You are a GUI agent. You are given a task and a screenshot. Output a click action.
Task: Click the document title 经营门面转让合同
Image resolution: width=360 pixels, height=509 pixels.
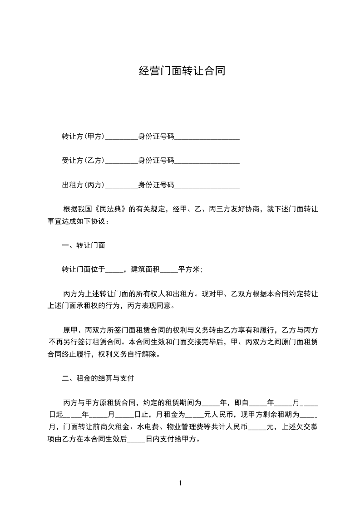[182, 71]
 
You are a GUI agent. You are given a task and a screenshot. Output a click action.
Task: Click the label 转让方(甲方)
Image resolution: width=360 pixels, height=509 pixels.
[84, 137]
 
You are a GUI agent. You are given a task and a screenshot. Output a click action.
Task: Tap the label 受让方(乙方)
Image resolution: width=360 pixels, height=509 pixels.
[84, 161]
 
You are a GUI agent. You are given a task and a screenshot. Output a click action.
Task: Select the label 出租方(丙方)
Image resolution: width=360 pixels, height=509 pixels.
[84, 185]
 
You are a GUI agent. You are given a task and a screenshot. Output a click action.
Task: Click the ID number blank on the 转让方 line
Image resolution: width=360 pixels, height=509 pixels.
[207, 137]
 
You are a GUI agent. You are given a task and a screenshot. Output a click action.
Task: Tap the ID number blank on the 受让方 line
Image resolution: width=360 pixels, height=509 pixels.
[207, 161]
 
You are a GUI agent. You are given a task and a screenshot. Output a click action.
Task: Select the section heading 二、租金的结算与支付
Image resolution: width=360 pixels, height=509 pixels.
[98, 378]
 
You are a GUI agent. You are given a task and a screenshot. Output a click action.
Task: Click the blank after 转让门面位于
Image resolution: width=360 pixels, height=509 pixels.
[114, 270]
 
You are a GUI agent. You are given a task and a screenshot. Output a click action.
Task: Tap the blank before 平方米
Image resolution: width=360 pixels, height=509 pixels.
[169, 270]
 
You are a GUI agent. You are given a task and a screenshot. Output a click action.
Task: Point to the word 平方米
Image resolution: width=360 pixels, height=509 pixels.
[189, 269]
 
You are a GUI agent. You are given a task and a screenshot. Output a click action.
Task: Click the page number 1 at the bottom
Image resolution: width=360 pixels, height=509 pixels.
[180, 483]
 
